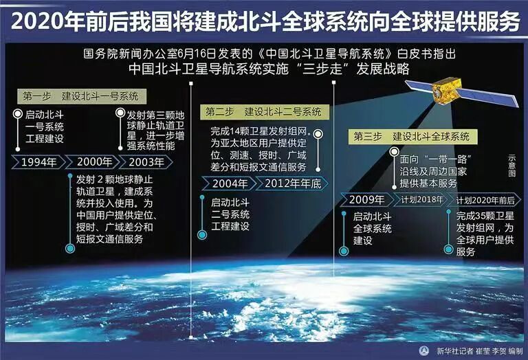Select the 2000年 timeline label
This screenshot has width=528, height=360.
pos(94,162)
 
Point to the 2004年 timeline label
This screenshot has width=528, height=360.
pos(230,183)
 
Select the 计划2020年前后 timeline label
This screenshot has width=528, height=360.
pos(485,200)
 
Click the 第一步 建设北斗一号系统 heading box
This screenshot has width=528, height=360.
pos(80,95)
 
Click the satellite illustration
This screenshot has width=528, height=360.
pos(457,93)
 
